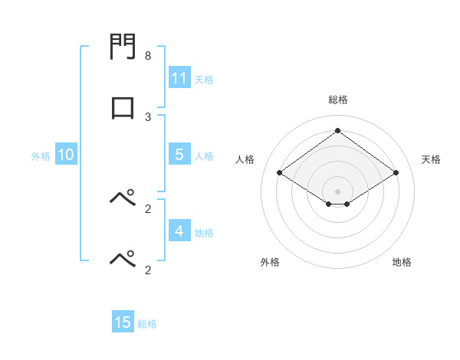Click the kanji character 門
point(123,49)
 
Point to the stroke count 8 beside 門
point(148,56)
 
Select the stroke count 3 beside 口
point(148,116)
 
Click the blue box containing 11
point(179,78)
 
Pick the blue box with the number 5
point(179,155)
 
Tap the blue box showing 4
point(179,231)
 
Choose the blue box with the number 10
point(66,155)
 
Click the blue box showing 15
point(123,322)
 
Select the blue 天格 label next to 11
point(204,79)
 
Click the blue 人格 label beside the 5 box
point(204,156)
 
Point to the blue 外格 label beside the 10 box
point(41,156)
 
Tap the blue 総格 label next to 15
point(147,324)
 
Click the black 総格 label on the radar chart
point(337,100)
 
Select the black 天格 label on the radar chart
point(431,159)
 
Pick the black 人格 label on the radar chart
point(245,159)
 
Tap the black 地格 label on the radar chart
point(402,262)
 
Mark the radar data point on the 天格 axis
point(396,173)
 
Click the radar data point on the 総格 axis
point(337,130)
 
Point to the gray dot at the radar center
point(337,190)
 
